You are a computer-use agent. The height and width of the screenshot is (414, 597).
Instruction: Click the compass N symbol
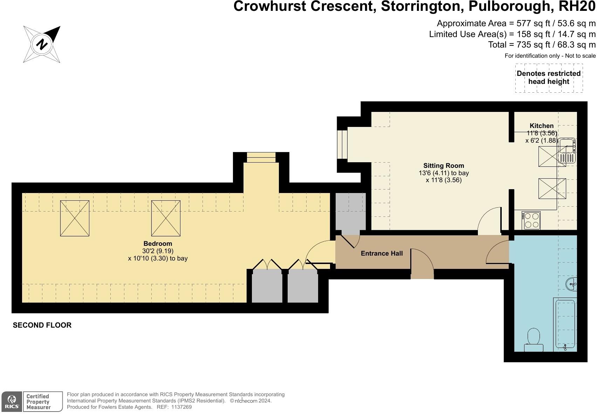(x=42, y=44)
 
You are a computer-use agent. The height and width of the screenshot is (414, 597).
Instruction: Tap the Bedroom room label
(x=158, y=244)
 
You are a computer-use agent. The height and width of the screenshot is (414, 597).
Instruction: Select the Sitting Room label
(x=444, y=166)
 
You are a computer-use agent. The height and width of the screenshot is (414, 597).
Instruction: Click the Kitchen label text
(x=541, y=126)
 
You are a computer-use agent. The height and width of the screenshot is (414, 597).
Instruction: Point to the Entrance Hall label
(x=382, y=254)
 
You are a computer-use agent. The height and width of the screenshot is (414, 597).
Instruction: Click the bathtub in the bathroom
(x=565, y=324)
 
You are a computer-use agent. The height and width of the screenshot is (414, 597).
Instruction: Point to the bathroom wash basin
(x=571, y=284)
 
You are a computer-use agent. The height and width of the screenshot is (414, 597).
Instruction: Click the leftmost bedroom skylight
(x=75, y=218)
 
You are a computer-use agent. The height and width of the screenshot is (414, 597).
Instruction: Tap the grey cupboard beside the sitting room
(x=350, y=212)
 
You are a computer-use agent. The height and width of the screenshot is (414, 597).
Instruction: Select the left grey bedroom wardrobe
(x=267, y=286)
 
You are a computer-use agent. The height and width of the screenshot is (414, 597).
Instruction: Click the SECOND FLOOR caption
(x=42, y=325)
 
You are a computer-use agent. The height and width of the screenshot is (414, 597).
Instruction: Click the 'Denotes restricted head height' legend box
(x=549, y=78)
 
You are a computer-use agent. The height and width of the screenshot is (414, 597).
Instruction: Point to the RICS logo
(x=12, y=401)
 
